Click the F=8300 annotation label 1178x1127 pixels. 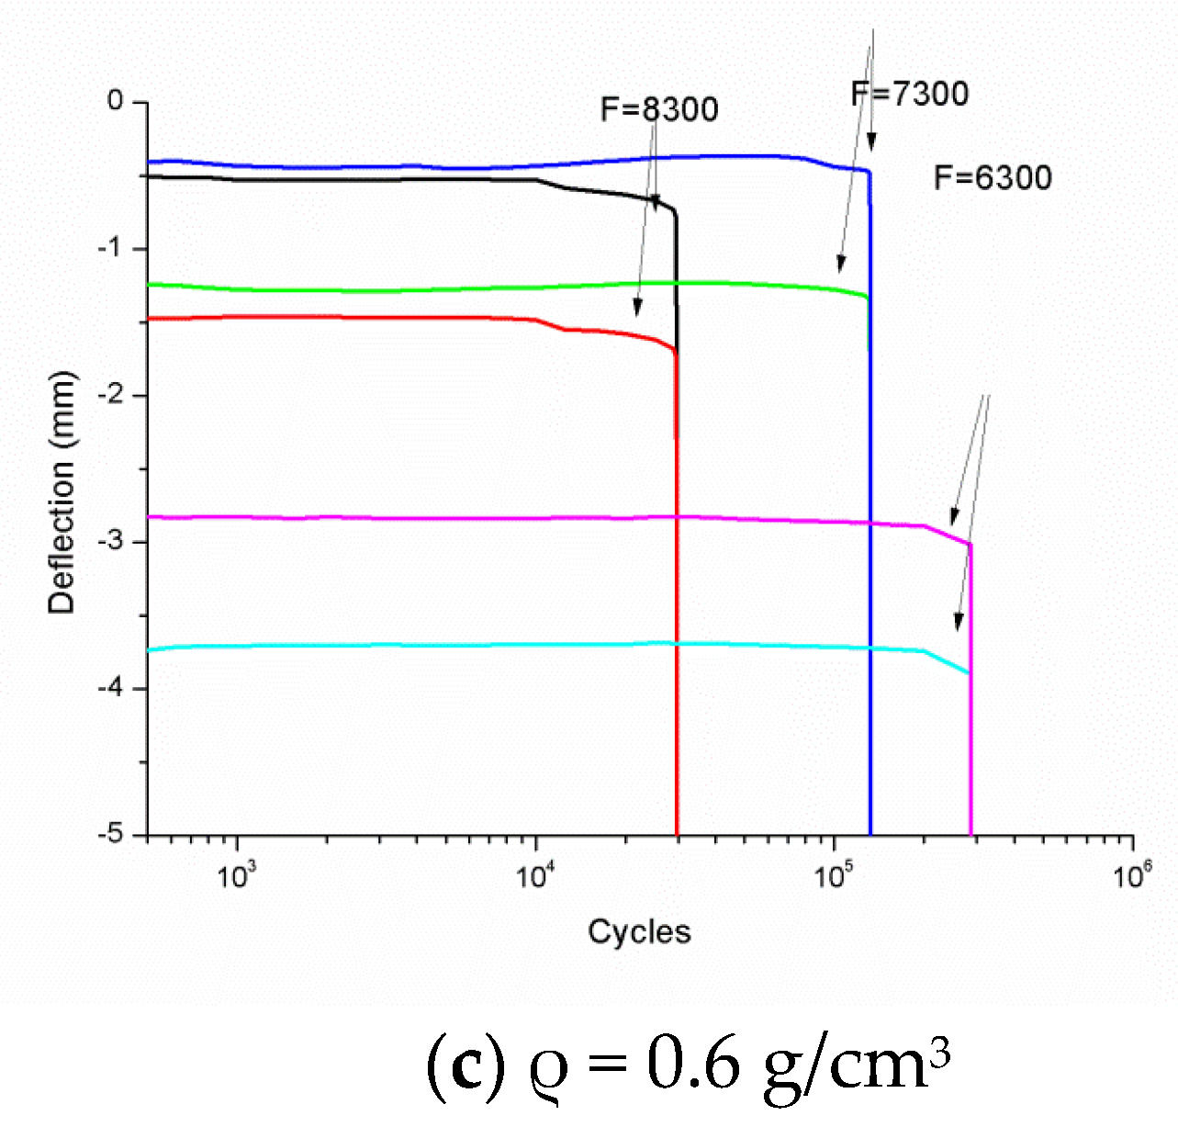pos(659,109)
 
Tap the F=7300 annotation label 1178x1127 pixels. pos(910,94)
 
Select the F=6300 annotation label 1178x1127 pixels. pos(993,177)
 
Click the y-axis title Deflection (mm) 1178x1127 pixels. pos(62,493)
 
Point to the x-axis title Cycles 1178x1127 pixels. pos(639,931)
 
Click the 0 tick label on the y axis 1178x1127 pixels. pos(115,100)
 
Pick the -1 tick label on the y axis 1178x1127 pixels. pos(111,248)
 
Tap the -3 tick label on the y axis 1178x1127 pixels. pos(111,541)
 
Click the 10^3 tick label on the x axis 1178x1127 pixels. pos(236,874)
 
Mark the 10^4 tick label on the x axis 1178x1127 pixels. pos(534,874)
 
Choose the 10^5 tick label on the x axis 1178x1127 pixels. pos(833,874)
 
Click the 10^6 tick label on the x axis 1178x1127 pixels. pos(1131,874)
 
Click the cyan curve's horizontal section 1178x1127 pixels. pos(459,646)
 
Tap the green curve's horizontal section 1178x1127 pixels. pos(459,289)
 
